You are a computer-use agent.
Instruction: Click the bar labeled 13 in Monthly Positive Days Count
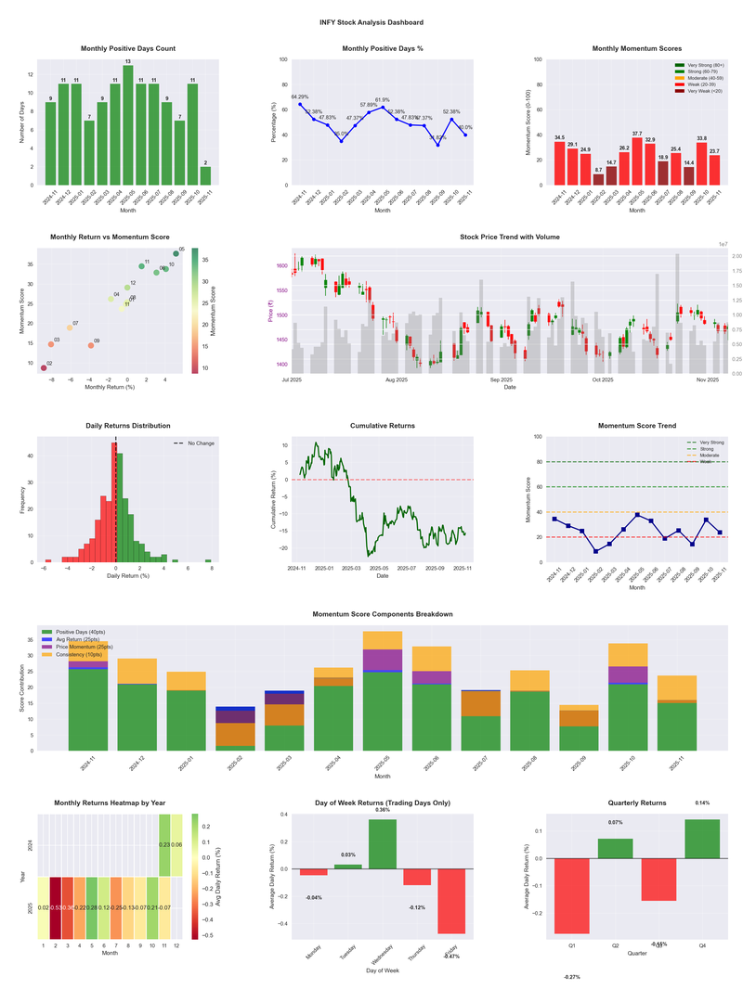tap(128, 124)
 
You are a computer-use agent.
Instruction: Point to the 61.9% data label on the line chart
tap(383, 99)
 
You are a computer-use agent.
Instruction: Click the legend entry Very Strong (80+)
tap(697, 66)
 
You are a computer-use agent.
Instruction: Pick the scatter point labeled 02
tap(44, 368)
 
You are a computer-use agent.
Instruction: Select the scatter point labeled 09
tap(91, 345)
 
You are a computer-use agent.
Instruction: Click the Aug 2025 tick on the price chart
tap(397, 379)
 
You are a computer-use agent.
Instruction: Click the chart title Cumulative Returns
tap(383, 426)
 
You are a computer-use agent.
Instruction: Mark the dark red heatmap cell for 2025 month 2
tap(57, 908)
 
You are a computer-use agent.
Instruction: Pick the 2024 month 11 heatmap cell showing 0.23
tap(164, 845)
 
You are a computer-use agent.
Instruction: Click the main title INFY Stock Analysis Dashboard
tap(371, 22)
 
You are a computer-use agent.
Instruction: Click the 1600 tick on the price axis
tap(281, 266)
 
